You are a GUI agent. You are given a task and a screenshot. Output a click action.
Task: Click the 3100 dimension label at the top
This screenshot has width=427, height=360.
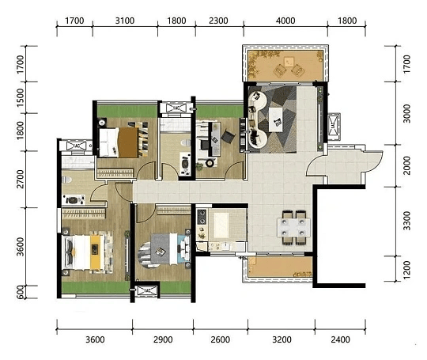[x=125, y=21]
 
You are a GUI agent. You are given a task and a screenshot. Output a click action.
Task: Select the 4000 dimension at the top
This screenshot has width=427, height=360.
[x=285, y=21]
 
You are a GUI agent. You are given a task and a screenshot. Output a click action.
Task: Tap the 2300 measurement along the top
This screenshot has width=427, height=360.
[x=218, y=21]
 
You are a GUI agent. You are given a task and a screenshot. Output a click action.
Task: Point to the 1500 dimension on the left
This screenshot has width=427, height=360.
[x=21, y=97]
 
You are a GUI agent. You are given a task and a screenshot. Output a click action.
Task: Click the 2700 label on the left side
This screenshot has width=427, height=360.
[x=21, y=179]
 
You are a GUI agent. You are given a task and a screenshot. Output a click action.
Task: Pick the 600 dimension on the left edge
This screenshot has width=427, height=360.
[x=21, y=292]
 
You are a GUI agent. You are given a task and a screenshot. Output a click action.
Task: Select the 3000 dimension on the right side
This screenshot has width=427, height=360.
[x=406, y=113]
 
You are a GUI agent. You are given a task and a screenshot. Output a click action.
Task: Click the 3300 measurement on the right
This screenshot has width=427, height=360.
[x=406, y=221]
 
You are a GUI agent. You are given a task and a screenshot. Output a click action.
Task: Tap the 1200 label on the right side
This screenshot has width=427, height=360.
[x=406, y=270]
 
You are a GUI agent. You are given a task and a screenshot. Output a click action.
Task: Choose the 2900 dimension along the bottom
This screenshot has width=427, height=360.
[x=163, y=339]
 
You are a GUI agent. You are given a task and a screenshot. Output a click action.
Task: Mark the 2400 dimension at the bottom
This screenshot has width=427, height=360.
[x=340, y=339]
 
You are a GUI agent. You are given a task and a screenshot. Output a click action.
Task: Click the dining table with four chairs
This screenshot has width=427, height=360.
[x=293, y=228]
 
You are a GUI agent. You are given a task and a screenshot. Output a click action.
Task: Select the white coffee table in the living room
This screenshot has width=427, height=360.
[x=276, y=119]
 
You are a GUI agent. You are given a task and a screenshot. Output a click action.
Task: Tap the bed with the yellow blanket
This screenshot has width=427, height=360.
[x=87, y=252]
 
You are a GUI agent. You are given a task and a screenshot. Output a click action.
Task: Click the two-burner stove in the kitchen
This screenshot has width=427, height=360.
[x=202, y=217]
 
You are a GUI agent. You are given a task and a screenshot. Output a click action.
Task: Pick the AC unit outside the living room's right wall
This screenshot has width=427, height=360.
[x=334, y=126]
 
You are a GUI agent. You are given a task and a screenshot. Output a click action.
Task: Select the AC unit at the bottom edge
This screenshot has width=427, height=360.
[x=147, y=291]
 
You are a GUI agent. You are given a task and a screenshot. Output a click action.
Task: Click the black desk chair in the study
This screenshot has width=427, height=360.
[x=228, y=136]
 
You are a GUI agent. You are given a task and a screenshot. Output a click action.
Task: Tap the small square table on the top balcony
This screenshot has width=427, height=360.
[x=289, y=62]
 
